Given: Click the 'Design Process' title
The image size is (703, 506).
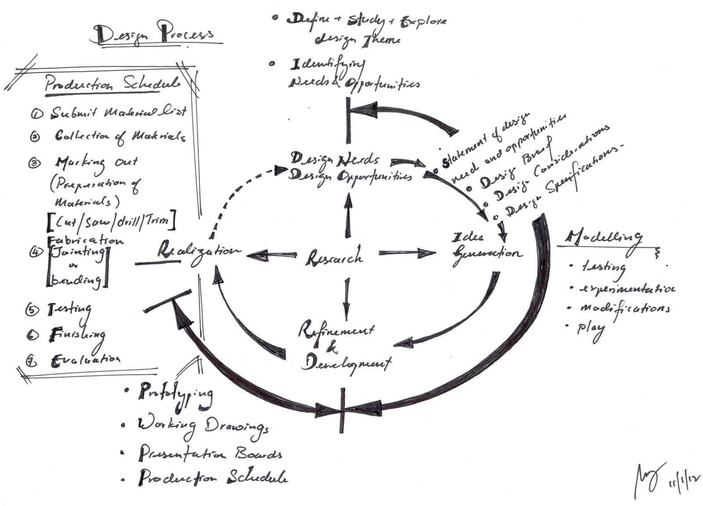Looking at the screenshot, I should pos(154,33).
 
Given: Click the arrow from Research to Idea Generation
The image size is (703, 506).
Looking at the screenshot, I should pos(406,253).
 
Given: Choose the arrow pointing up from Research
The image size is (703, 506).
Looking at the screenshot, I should pos(348,215).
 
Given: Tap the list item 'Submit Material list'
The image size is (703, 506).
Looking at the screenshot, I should pos(119,112).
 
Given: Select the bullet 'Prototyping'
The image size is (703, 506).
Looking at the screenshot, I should pos(176,392).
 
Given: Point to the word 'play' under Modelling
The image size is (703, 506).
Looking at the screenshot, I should pos(591,329).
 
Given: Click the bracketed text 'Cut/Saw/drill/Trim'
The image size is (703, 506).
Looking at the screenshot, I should pos(112,221).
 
